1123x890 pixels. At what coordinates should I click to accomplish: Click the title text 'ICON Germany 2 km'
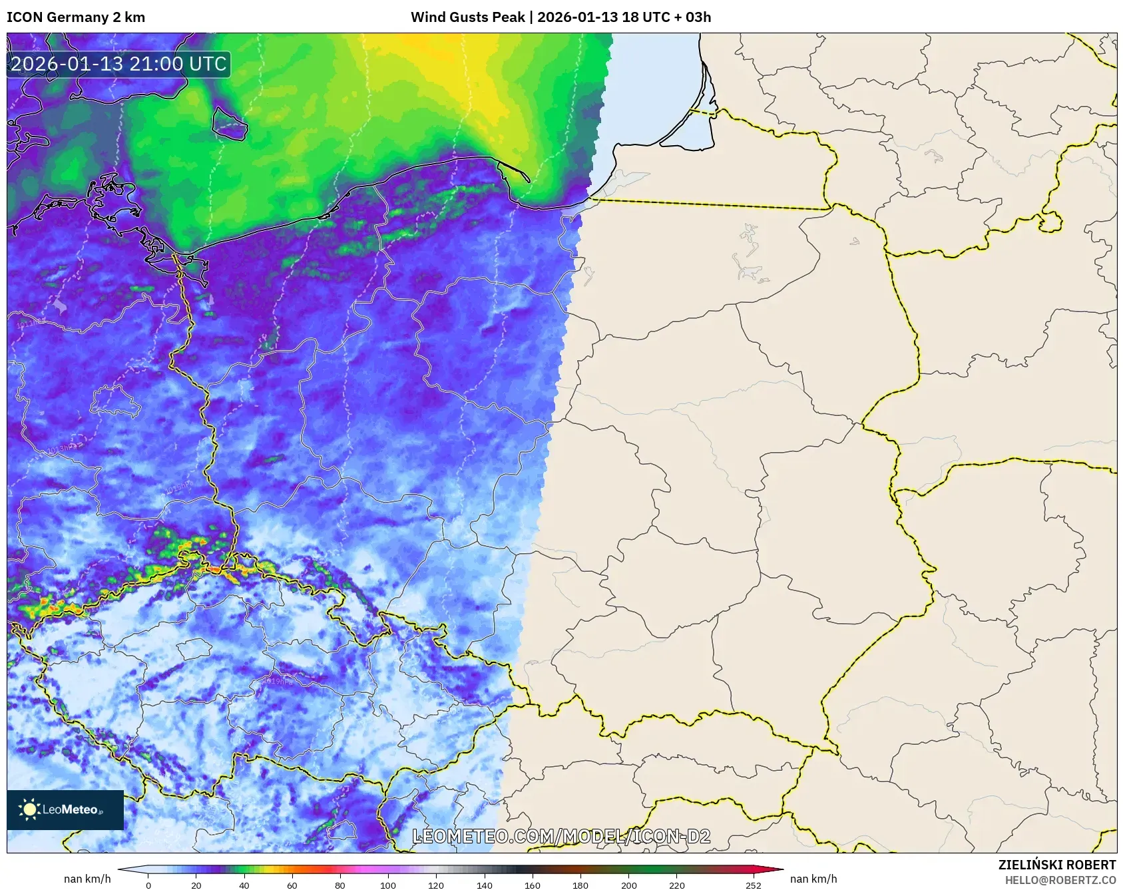point(76,17)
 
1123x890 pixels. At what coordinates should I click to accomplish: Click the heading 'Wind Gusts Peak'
point(467,17)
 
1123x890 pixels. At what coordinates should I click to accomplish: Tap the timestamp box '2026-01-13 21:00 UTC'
point(118,65)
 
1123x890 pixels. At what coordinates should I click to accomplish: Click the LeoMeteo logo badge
point(65,809)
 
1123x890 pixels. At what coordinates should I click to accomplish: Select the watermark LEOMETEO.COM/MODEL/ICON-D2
point(561,836)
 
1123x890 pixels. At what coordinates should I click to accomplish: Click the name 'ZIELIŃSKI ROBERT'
point(1056,865)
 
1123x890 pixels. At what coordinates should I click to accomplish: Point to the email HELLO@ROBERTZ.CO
point(1060,880)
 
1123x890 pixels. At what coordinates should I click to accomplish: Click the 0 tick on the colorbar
point(148,885)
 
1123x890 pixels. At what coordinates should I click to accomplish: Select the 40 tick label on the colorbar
point(244,885)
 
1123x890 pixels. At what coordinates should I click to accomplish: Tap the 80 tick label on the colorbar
point(340,885)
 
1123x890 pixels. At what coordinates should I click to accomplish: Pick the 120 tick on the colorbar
point(436,885)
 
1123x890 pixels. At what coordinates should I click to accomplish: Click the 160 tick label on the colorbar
point(532,885)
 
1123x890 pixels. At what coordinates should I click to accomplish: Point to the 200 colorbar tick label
point(628,885)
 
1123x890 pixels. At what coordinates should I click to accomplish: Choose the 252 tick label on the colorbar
point(753,885)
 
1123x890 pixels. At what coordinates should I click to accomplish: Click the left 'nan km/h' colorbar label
point(87,879)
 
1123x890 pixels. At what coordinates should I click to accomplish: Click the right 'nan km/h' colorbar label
point(813,879)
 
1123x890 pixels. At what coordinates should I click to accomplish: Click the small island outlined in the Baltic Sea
point(230,122)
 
